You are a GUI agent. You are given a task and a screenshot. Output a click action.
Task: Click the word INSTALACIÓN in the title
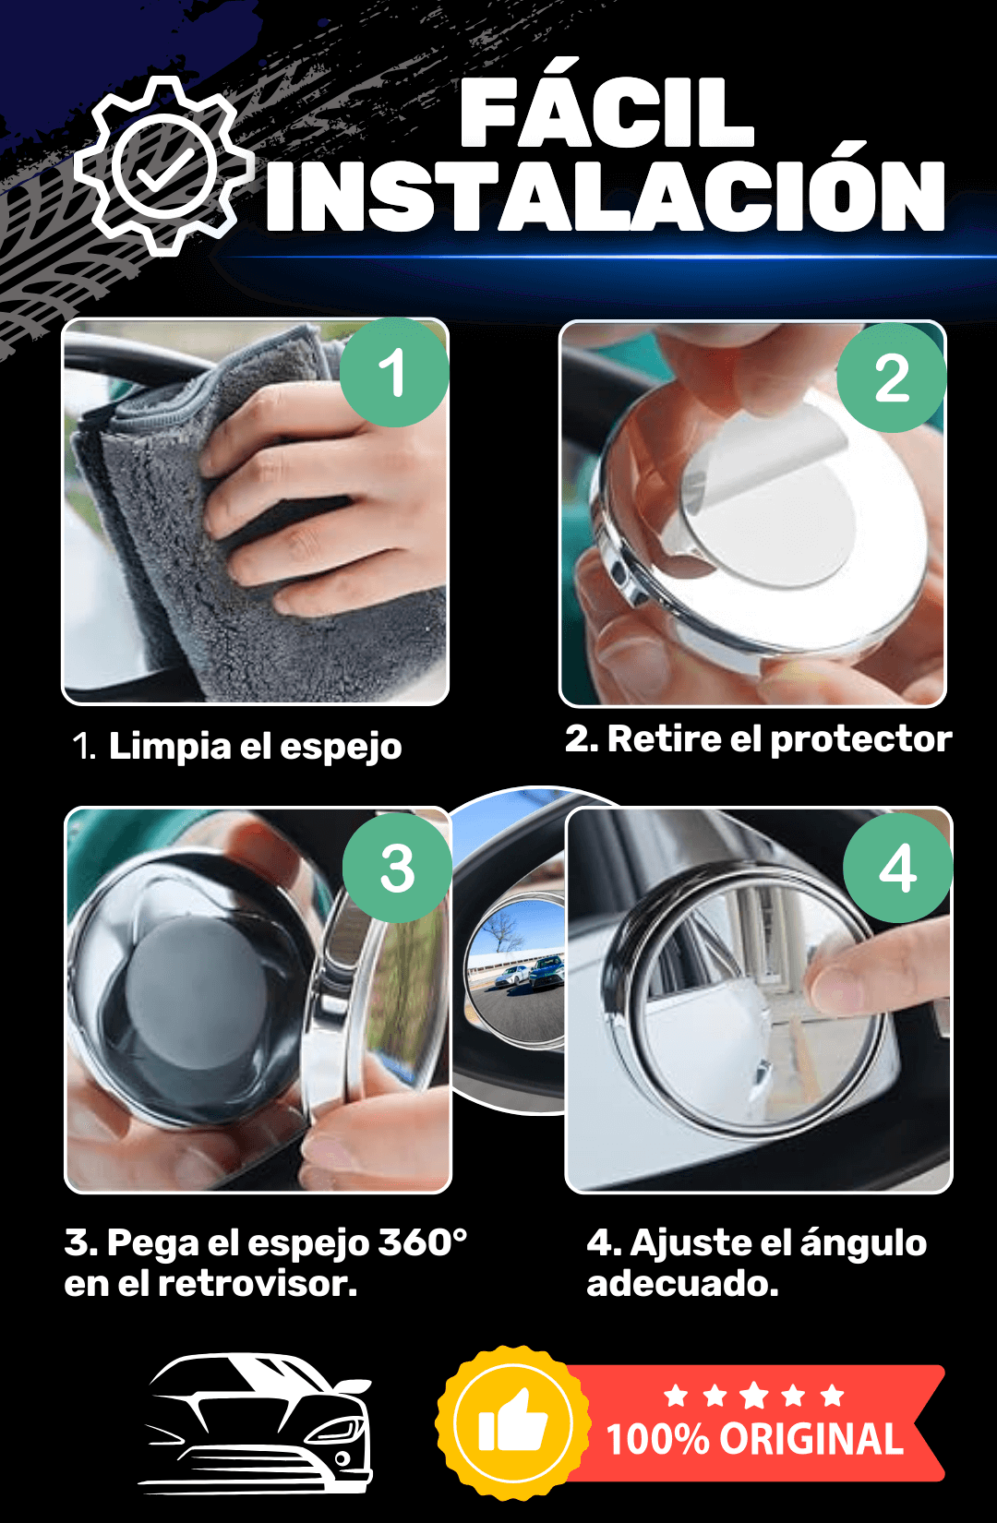click(x=606, y=195)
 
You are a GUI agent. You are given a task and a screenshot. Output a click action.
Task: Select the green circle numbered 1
click(x=394, y=373)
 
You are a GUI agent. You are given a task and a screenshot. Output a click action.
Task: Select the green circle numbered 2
click(x=891, y=378)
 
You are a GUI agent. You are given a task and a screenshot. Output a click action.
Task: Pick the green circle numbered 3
click(x=397, y=868)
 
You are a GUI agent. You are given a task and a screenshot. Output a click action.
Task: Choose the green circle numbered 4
click(x=897, y=868)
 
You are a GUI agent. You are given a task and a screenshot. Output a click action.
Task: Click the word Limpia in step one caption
click(x=170, y=746)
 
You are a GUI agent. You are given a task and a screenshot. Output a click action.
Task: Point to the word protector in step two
click(x=861, y=739)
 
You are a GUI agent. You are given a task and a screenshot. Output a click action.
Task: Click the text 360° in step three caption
click(x=422, y=1242)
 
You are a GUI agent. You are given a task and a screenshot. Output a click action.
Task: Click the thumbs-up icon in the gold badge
click(x=512, y=1421)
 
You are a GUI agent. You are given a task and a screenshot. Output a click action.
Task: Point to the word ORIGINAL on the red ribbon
click(x=811, y=1439)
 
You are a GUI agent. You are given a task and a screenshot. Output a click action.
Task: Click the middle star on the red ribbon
click(x=754, y=1396)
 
